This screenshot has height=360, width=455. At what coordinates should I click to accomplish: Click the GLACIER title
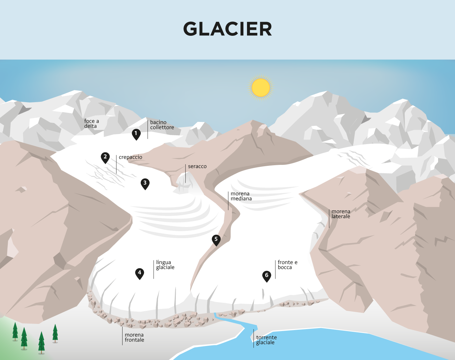pos(227,29)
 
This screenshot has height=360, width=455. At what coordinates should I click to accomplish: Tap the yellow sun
pos(261,87)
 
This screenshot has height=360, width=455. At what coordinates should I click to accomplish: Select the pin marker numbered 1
pos(136,134)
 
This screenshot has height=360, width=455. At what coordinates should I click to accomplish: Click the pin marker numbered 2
pos(105,157)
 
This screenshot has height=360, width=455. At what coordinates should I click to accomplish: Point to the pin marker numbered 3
pos(145,183)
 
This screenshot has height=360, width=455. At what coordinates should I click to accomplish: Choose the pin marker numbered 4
pos(139,273)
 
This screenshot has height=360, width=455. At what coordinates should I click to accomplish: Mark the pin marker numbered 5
pos(216,240)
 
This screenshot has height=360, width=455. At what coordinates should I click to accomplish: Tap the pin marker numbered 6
pos(266,276)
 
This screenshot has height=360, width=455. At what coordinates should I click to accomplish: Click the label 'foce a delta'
pos(91,124)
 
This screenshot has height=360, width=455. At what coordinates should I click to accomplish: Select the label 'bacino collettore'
pos(162,125)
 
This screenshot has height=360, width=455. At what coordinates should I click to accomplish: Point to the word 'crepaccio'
pos(130,157)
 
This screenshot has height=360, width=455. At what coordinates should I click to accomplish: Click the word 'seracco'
pos(197,167)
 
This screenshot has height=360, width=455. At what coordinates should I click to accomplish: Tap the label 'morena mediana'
pos(241,196)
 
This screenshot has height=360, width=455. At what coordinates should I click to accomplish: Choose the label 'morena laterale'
pos(341,214)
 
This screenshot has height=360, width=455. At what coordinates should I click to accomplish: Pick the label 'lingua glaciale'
pos(165,265)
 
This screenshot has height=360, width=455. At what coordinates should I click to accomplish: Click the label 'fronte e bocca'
pos(287,265)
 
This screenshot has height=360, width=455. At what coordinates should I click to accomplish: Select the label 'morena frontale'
pos(134,337)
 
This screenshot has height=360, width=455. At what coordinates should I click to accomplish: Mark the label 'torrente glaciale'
pos(266,340)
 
